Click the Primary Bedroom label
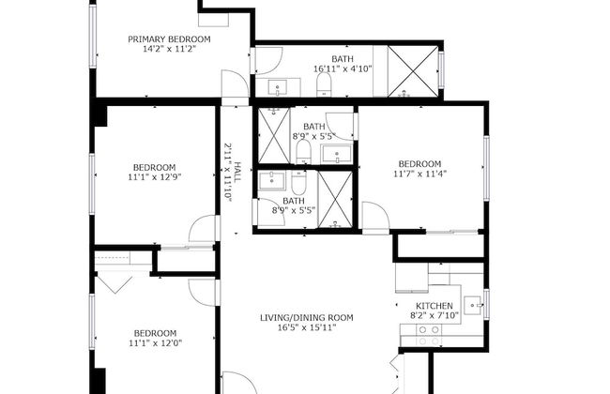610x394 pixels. point(169,39)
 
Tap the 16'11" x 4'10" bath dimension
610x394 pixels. point(343,69)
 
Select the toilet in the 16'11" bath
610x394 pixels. point(324,84)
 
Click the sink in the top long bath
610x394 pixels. point(278,87)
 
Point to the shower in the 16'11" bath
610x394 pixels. point(413,71)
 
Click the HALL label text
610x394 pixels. point(237,172)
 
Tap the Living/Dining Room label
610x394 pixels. point(307,318)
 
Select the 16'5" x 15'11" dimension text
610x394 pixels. point(307,327)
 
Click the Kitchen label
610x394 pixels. point(435,306)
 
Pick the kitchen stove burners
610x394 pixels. point(429,336)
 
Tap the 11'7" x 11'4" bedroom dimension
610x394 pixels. point(419,174)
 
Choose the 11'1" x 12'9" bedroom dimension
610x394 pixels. point(155,177)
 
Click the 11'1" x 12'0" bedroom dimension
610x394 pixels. point(155,343)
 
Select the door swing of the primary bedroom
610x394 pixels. point(235,83)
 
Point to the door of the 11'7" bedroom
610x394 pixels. point(375,216)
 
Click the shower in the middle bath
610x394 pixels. point(274,135)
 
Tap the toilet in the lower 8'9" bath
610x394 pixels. point(299,182)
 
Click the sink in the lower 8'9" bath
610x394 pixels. point(272,180)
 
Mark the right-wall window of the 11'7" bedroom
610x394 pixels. point(486,168)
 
